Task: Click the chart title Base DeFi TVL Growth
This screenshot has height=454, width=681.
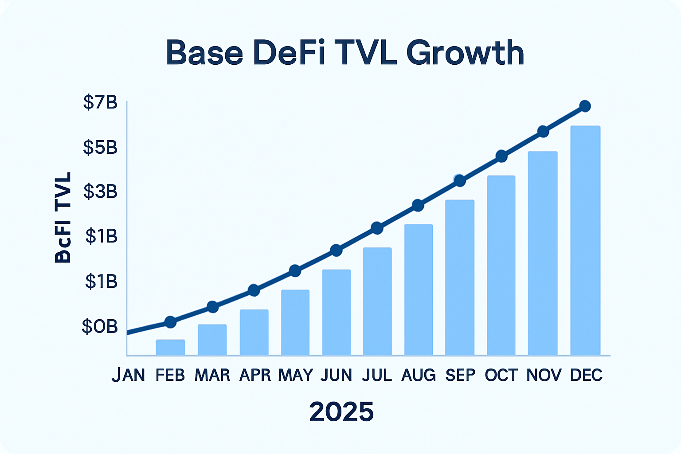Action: click(345, 53)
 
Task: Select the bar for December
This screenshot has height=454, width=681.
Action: click(585, 241)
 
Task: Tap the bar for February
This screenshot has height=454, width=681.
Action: click(170, 348)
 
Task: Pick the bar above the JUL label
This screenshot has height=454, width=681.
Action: click(377, 301)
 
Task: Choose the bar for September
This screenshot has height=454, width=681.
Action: click(460, 278)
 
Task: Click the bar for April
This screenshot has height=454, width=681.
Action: click(254, 333)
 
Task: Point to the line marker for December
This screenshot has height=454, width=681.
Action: click(585, 106)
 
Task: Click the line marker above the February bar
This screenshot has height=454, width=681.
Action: click(170, 322)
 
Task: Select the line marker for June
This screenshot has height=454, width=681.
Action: click(337, 250)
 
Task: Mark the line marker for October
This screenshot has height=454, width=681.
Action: click(501, 156)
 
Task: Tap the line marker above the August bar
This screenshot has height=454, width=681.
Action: click(418, 205)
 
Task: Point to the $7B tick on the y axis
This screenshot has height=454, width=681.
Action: click(100, 102)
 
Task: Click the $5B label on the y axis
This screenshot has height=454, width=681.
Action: click(100, 147)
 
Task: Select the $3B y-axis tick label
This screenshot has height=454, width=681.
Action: click(100, 192)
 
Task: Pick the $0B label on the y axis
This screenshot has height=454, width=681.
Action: click(100, 327)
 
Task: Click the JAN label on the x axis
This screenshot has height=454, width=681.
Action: click(128, 375)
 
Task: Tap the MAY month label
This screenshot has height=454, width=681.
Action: click(295, 375)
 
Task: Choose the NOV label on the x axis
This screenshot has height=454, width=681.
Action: click(544, 375)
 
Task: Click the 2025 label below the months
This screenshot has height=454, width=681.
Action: click(341, 412)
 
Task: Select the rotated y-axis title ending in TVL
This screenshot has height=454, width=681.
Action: click(63, 218)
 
